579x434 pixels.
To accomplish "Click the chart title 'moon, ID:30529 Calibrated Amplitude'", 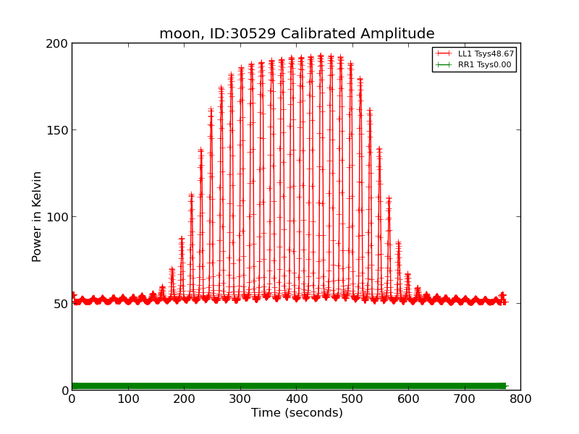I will (x=297, y=34).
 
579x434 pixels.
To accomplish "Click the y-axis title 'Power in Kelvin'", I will (x=37, y=216).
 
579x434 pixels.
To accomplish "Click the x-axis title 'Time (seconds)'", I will (x=297, y=413).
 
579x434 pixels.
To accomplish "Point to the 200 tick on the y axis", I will (x=58, y=43).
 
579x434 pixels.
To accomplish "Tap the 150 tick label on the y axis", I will (x=58, y=130).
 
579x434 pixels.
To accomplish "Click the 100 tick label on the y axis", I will (x=58, y=217).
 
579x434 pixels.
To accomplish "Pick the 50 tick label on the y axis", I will (x=61, y=304).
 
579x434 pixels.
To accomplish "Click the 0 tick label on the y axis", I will (x=64, y=391).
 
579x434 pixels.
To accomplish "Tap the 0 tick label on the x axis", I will (x=72, y=399).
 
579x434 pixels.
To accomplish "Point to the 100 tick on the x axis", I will (x=128, y=399).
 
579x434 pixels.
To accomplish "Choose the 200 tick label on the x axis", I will (x=184, y=399).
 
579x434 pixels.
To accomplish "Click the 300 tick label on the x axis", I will (x=240, y=399).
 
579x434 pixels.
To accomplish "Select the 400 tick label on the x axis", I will (x=296, y=399).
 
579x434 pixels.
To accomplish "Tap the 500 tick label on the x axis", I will (x=352, y=399).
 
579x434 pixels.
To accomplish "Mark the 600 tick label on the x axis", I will (x=408, y=399).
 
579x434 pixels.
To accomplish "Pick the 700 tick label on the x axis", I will (x=465, y=399).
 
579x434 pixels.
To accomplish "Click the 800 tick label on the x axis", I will (x=520, y=399).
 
